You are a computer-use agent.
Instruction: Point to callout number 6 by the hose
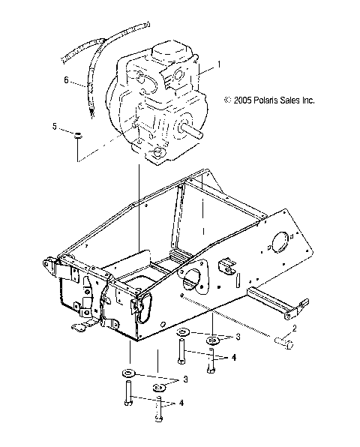click(x=67, y=79)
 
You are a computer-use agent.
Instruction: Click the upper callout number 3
click(x=217, y=336)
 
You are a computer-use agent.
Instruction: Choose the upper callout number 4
click(x=234, y=358)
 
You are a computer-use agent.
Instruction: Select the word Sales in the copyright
click(x=301, y=99)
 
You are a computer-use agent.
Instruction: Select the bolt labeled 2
click(x=283, y=343)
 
